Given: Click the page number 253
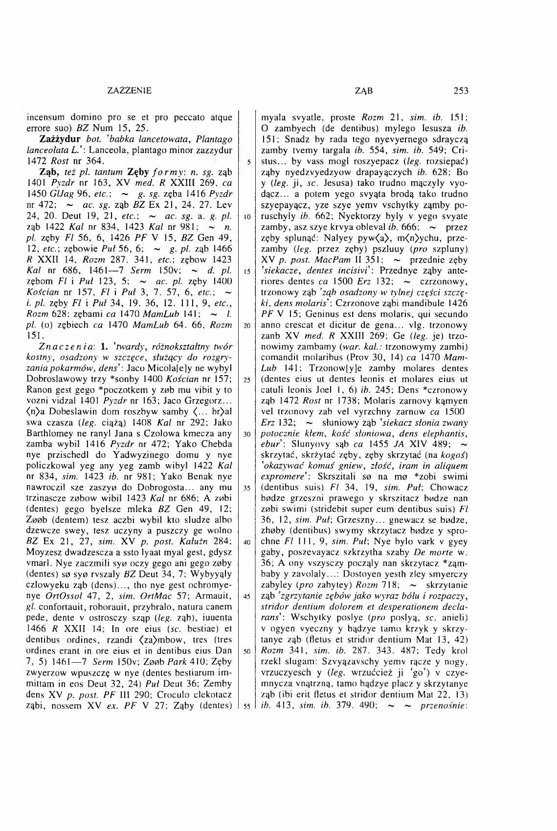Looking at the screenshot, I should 461,90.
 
